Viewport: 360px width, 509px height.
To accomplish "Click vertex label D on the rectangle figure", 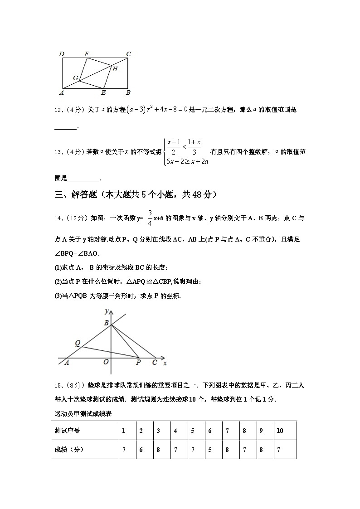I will pyautogui.click(x=62, y=54).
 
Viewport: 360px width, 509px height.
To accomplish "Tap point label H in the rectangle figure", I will pyautogui.click(x=115, y=69).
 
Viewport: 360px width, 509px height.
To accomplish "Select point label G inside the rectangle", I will pyautogui.click(x=76, y=78).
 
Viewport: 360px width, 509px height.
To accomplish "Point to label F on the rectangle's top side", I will pyautogui.click(x=87, y=54).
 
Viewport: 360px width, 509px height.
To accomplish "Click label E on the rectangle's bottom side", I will pyautogui.click(x=103, y=93).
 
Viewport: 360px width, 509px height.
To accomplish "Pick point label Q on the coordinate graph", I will pyautogui.click(x=78, y=344).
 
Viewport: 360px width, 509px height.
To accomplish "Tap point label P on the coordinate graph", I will pyautogui.click(x=138, y=363).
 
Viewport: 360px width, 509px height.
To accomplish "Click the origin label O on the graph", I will pyautogui.click(x=106, y=362).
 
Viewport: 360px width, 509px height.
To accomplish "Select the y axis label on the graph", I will pyautogui.click(x=106, y=311).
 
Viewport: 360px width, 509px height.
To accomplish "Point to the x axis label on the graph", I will pyautogui.click(x=165, y=363).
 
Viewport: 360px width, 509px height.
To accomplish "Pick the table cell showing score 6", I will pyautogui.click(x=141, y=450).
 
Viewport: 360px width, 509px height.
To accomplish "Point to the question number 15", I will pyautogui.click(x=58, y=386).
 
